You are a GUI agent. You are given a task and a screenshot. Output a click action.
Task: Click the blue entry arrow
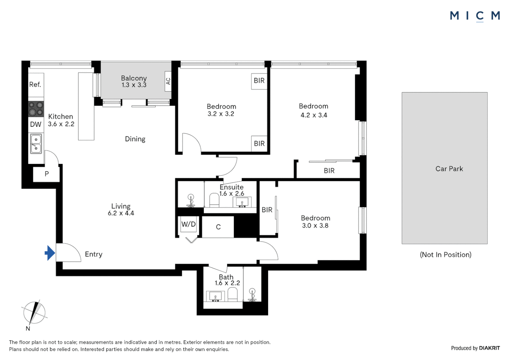[x=50, y=253]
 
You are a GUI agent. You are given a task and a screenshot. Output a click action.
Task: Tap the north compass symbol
[x=34, y=313]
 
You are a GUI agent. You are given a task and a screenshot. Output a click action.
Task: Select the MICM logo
[x=475, y=16]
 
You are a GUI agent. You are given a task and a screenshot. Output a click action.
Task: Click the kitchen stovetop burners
[x=36, y=109]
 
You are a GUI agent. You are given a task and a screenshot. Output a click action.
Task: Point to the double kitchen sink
[x=36, y=144]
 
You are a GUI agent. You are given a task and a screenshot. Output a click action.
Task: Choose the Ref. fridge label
[x=35, y=85]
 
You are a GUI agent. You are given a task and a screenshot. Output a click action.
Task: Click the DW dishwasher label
[x=36, y=124]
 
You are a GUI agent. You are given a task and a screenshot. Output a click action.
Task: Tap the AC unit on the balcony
[x=168, y=81]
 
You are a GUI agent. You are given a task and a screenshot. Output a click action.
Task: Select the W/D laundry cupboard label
[x=188, y=224]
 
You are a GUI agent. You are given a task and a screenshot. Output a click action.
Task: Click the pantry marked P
[x=47, y=174]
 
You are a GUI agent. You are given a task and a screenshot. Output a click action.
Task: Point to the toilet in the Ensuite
[x=214, y=200]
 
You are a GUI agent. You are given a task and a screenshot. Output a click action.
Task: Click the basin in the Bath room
[x=215, y=296]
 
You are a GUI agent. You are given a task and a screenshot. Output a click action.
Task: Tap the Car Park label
[x=449, y=169]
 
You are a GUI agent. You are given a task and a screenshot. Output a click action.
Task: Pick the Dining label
[x=135, y=139]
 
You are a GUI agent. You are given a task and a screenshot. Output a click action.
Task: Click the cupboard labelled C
[x=218, y=227]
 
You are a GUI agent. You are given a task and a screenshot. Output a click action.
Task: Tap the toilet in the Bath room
[x=233, y=294]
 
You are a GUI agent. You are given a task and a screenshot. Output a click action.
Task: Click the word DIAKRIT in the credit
[x=489, y=348]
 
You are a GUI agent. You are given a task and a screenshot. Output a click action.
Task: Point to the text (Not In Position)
[x=446, y=255]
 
